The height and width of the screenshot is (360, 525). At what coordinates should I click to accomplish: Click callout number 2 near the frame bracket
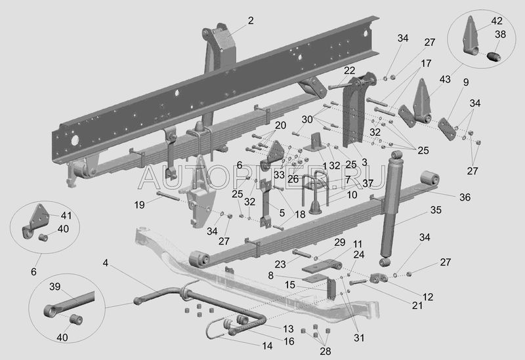[x=250, y=21]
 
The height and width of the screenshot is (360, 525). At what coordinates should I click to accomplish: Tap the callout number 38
[x=499, y=35]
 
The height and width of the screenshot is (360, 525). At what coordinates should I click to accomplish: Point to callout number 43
[x=445, y=79]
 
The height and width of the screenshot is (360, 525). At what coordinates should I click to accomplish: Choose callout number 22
[x=349, y=71]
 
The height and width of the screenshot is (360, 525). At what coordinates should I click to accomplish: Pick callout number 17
[x=426, y=64]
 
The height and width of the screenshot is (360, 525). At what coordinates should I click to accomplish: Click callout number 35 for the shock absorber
[x=436, y=211]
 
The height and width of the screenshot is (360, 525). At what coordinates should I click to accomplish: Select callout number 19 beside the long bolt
[x=138, y=205]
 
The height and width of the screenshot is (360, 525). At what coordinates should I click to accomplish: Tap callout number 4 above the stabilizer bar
[x=105, y=264]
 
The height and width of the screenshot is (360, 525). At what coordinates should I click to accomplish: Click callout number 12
[x=428, y=297]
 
